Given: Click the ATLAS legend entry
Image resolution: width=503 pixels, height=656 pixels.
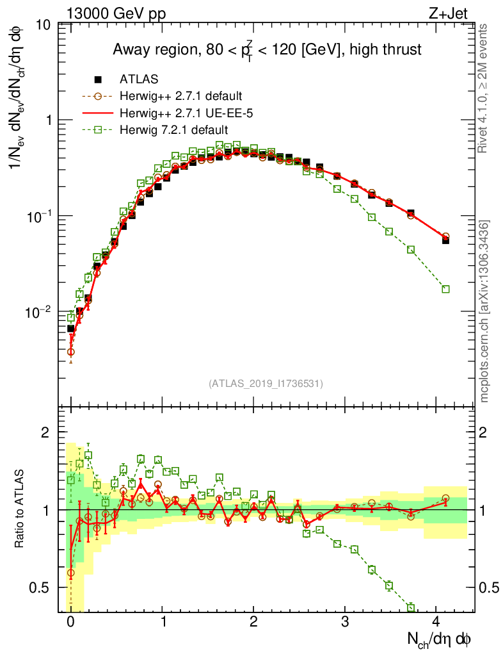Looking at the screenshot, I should pyautogui.click(x=139, y=79).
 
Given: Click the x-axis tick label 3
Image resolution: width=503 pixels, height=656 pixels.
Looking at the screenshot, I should pyautogui.click(x=345, y=621).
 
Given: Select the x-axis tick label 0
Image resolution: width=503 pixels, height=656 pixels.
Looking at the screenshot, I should pyautogui.click(x=70, y=621).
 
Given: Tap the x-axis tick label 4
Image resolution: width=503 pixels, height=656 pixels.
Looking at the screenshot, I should pyautogui.click(x=436, y=621).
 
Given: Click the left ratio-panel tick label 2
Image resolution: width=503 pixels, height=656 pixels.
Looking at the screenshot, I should pyautogui.click(x=46, y=432).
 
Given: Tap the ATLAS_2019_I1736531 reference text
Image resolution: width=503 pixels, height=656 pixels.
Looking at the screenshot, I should pyautogui.click(x=266, y=384).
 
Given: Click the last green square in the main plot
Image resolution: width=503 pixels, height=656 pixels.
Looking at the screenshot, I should pyautogui.click(x=445, y=289).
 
